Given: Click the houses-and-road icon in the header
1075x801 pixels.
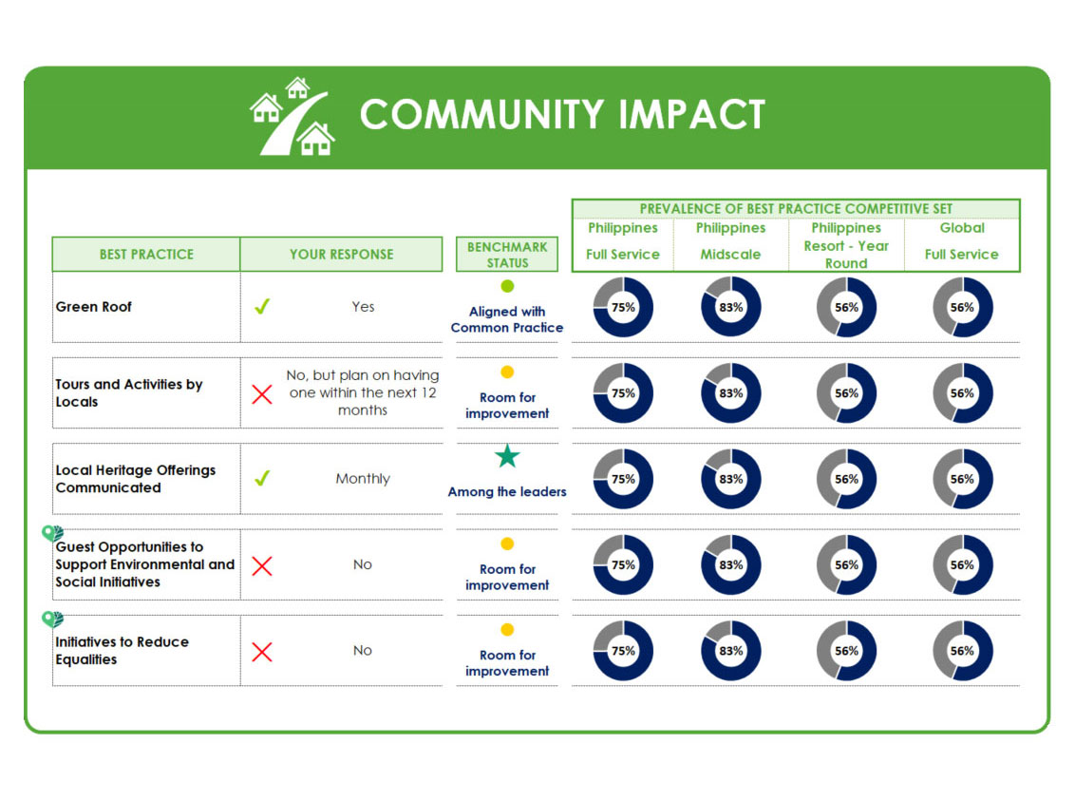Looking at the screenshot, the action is [x=292, y=116].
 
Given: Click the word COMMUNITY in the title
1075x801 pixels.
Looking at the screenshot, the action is [x=482, y=115].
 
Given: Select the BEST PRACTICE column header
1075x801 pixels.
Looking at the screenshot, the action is [x=146, y=255].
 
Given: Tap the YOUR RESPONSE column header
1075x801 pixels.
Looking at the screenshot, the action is [x=342, y=255].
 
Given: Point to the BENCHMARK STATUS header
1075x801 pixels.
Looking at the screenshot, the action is [x=507, y=255].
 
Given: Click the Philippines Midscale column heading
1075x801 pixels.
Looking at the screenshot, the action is [x=731, y=240].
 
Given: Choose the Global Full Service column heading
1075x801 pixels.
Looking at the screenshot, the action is [x=962, y=240].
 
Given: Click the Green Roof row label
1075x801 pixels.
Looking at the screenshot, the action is [x=93, y=307].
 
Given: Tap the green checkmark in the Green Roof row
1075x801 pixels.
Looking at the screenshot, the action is [x=262, y=307].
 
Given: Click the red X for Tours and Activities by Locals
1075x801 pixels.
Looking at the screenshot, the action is [x=262, y=394].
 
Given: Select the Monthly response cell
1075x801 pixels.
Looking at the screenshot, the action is [x=363, y=479].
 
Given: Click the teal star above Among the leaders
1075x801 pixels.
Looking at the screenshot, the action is [x=507, y=456].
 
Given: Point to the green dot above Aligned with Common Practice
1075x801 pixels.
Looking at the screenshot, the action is [x=507, y=286].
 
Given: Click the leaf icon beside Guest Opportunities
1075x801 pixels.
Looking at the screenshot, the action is [x=52, y=533].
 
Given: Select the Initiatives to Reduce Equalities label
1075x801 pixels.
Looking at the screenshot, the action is [x=123, y=651].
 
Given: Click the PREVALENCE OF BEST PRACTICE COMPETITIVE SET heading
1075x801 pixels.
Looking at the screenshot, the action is [x=796, y=208].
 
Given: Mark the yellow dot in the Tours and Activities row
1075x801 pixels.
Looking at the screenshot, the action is [x=507, y=372].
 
